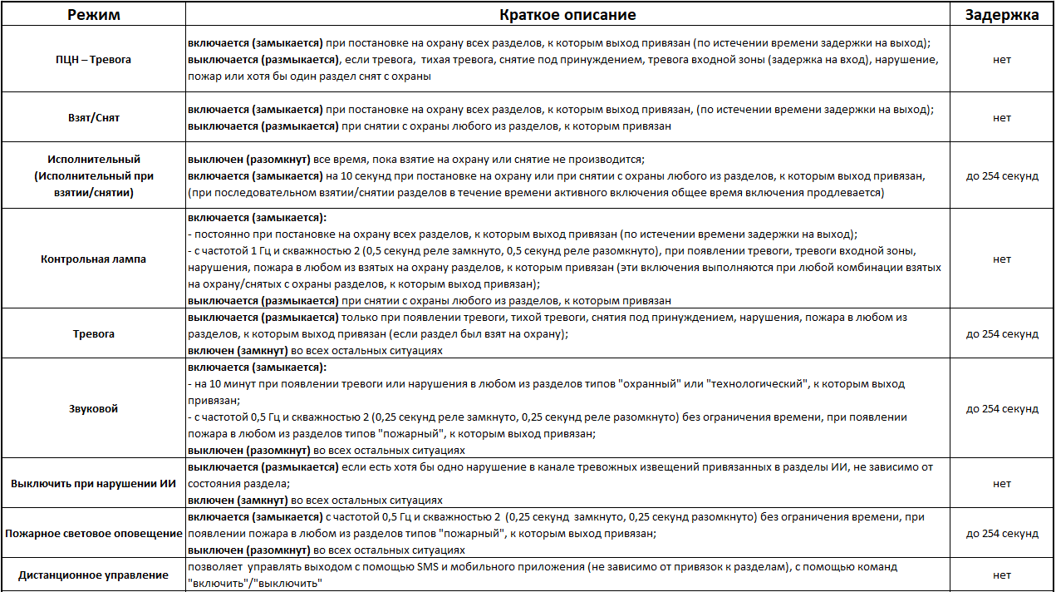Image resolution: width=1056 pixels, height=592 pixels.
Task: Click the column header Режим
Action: click(93, 15)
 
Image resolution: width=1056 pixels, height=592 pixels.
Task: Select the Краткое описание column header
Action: click(567, 15)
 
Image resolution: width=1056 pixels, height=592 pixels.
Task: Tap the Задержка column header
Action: click(1001, 15)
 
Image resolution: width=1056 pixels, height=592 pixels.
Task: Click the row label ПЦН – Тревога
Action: click(93, 60)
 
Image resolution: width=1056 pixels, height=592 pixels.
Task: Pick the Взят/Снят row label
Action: click(93, 118)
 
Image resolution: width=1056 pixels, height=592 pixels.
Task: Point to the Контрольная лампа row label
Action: click(93, 259)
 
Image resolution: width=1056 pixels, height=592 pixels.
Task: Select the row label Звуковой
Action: click(93, 409)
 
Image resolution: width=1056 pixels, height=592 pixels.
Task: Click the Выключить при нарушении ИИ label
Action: click(93, 484)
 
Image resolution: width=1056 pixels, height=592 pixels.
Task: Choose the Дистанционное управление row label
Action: click(93, 575)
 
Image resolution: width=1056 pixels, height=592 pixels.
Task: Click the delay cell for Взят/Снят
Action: click(1001, 118)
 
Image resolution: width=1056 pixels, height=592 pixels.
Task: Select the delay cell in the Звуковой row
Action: click(1001, 409)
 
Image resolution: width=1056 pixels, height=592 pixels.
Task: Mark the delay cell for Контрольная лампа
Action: click(1001, 259)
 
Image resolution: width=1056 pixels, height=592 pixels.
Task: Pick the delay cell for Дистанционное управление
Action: click(1001, 575)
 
